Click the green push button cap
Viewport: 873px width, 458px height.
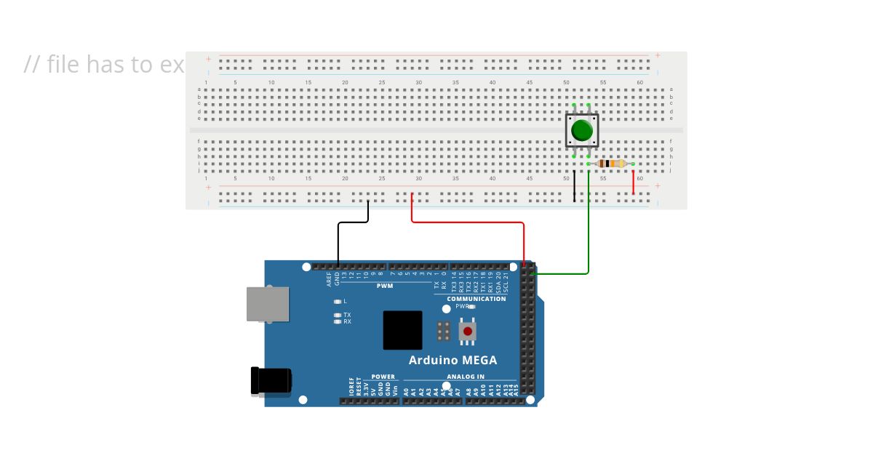(x=582, y=131)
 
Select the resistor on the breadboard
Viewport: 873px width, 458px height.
(x=611, y=164)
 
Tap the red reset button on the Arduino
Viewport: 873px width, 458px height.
(x=466, y=332)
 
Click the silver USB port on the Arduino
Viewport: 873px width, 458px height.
(x=268, y=304)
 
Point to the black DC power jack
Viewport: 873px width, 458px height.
(x=271, y=381)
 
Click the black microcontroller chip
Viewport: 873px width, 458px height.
(x=402, y=330)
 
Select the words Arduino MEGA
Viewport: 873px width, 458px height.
(x=453, y=360)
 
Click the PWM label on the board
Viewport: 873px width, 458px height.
(x=385, y=286)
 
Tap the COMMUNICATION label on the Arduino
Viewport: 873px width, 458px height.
(x=476, y=299)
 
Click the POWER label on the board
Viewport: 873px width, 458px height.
(x=383, y=377)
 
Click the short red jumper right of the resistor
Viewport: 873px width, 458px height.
(x=633, y=182)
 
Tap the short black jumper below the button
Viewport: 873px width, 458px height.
(x=574, y=185)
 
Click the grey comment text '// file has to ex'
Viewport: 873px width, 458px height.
(x=104, y=65)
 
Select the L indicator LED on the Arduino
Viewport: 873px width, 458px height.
(x=337, y=301)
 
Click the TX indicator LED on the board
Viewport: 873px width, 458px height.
(x=337, y=315)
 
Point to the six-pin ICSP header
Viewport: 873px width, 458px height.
(x=442, y=332)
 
